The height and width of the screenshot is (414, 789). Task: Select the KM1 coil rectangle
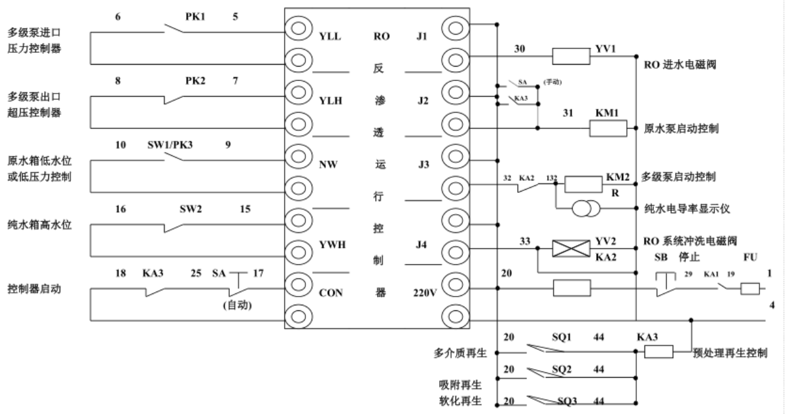click(607, 128)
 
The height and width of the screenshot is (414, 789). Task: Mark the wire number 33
click(526, 240)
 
